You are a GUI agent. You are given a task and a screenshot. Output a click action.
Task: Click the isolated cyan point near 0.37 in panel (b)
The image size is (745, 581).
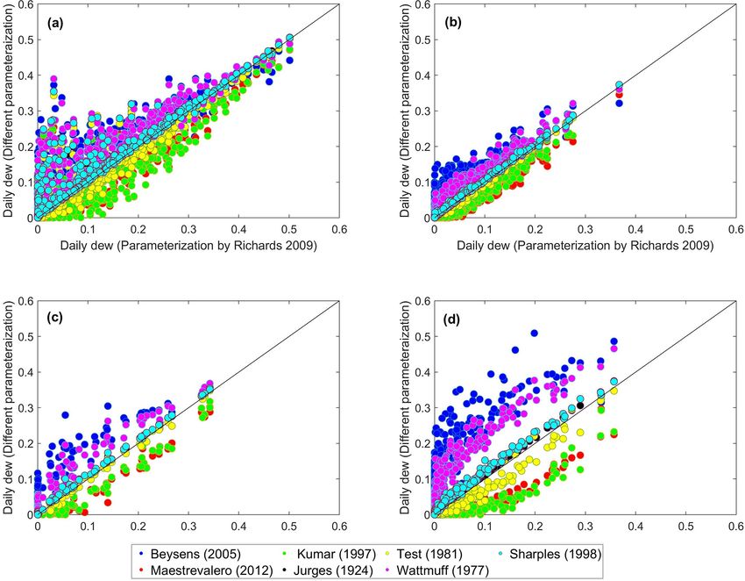tap(619, 85)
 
